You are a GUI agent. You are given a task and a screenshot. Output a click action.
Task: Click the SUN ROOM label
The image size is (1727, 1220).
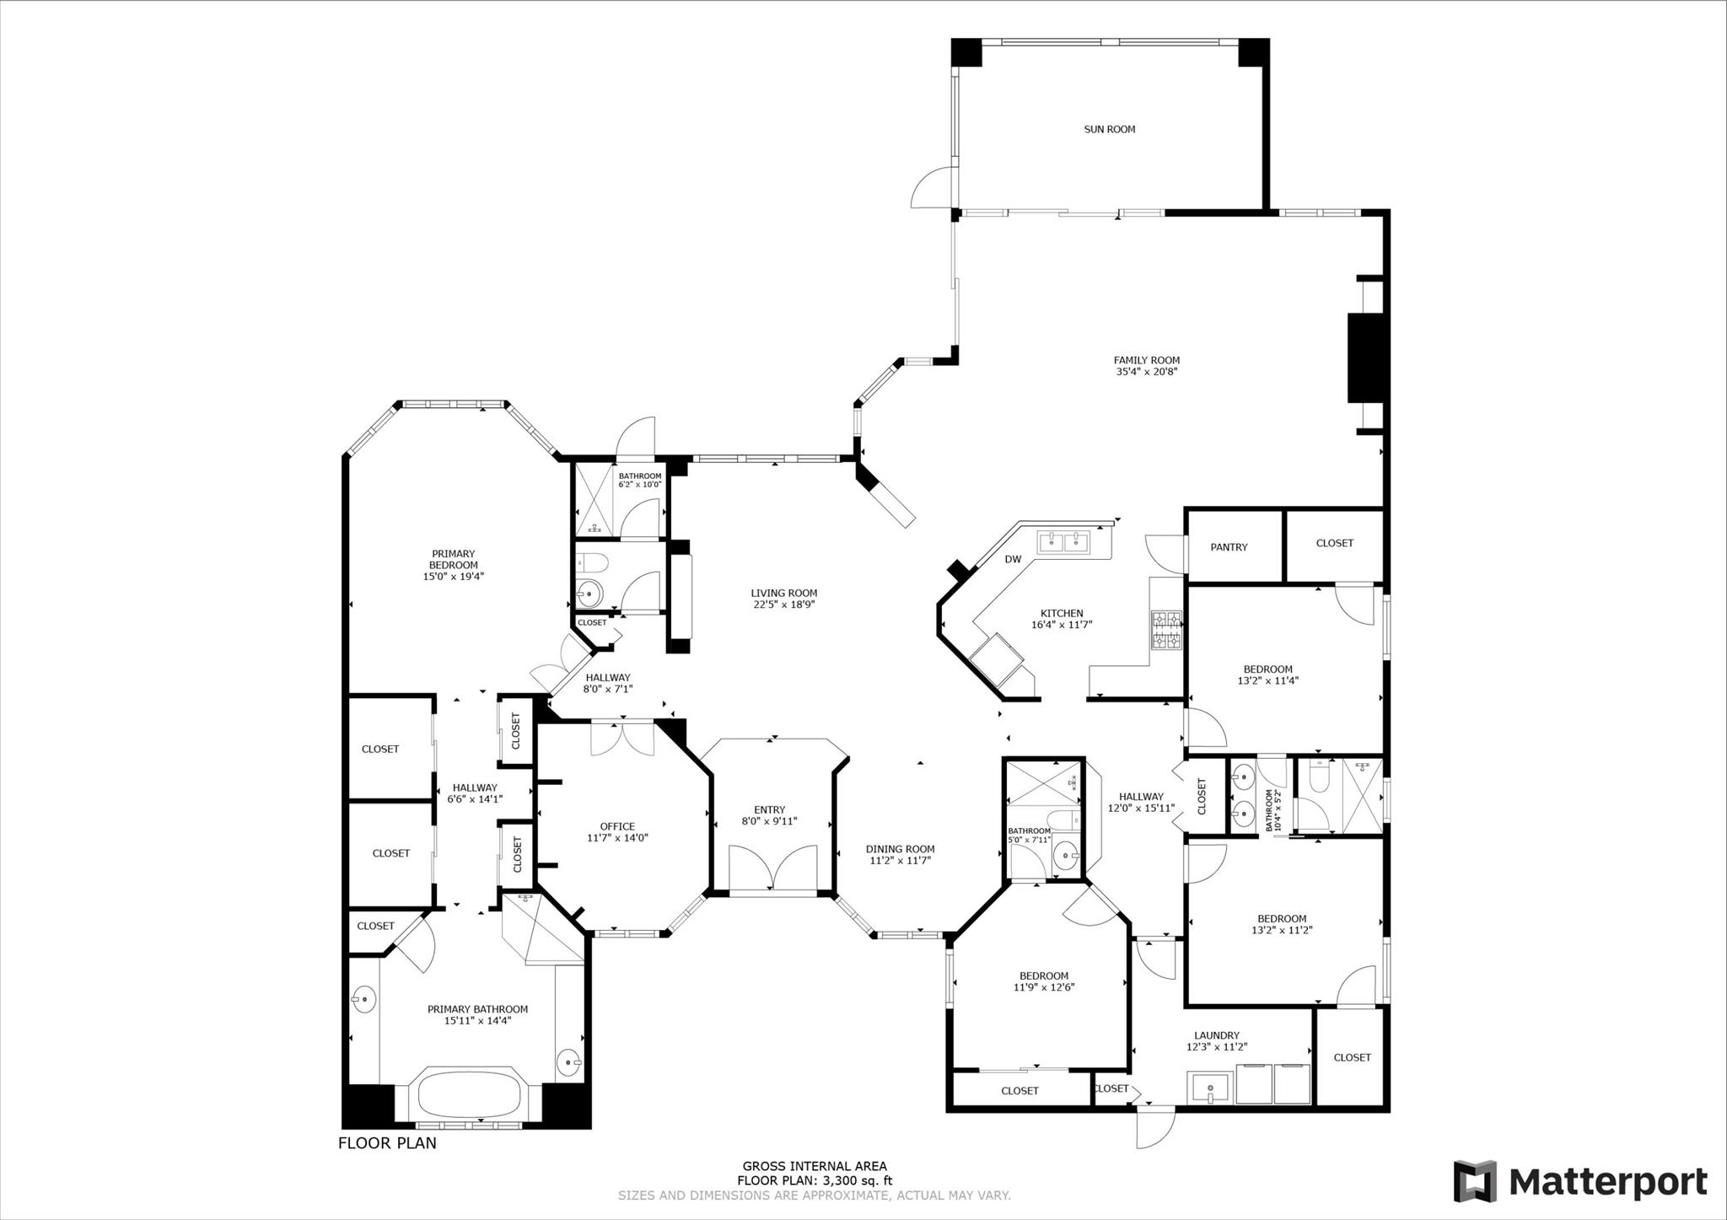[x=1109, y=129]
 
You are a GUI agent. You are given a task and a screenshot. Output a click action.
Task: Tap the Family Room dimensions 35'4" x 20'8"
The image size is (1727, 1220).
[x=1147, y=371]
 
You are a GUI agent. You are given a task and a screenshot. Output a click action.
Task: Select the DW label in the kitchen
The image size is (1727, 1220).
[x=1013, y=559]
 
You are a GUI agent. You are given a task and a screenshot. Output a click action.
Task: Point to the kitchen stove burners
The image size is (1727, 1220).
[x=1167, y=631]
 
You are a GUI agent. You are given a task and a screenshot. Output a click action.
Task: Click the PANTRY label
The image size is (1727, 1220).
[x=1229, y=547]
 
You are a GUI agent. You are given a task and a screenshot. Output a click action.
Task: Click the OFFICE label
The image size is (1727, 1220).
[x=617, y=826]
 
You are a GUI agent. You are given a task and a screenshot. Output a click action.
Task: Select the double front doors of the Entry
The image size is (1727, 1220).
[x=772, y=867]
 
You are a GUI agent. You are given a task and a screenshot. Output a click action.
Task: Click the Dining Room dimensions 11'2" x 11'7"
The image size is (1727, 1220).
[x=900, y=861]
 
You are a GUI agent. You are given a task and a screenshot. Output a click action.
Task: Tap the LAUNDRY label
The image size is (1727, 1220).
[x=1217, y=1035]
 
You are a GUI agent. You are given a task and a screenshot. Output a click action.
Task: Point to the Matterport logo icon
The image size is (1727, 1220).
[x=1475, y=1181]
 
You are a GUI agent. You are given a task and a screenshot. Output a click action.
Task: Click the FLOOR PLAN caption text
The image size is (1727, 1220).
[x=387, y=1143]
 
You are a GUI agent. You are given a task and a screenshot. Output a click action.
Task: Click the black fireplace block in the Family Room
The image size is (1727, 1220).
[x=1366, y=357]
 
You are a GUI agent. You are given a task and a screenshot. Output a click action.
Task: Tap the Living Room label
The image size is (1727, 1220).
[x=784, y=593]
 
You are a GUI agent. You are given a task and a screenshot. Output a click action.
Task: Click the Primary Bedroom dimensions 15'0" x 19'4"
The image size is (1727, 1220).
[x=454, y=577]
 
